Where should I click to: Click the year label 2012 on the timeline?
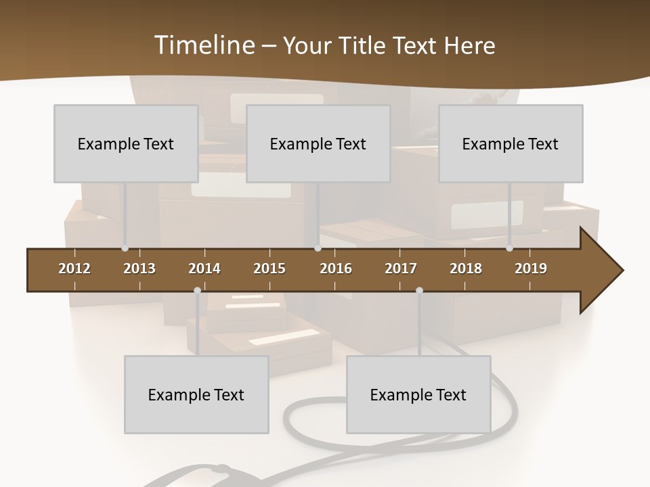(x=74, y=269)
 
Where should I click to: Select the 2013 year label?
(x=139, y=269)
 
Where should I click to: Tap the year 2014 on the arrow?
(x=204, y=269)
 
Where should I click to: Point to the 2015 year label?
(x=269, y=269)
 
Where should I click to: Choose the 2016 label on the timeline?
(x=336, y=269)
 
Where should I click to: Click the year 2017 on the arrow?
(x=401, y=269)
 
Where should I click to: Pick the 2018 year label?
(x=466, y=269)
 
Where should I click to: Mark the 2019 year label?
(x=531, y=269)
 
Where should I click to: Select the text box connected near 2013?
(x=126, y=143)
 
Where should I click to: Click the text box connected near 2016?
(x=318, y=143)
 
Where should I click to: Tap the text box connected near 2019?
(x=511, y=143)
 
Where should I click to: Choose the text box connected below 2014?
(x=196, y=394)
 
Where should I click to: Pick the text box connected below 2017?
(x=418, y=394)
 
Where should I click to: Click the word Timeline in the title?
(x=204, y=45)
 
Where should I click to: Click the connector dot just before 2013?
(x=125, y=248)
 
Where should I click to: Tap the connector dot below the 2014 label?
(x=197, y=291)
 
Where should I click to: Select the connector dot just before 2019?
(x=509, y=248)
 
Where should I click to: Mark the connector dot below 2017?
(x=419, y=291)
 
